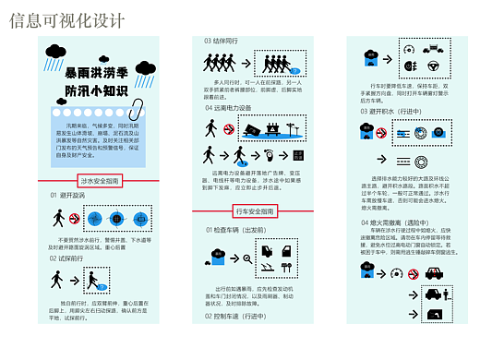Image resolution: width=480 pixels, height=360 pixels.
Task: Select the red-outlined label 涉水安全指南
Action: (x=100, y=182)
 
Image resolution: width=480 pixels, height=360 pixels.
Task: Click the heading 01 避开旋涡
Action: (x=67, y=196)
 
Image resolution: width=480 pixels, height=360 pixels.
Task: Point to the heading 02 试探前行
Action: (x=67, y=258)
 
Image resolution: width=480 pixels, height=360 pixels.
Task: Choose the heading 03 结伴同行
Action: (x=222, y=41)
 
